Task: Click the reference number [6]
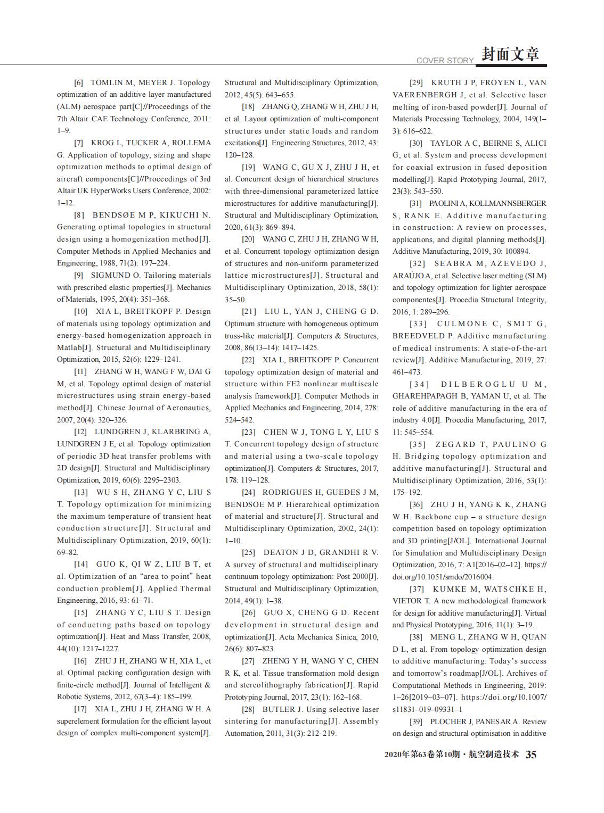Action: click(78, 83)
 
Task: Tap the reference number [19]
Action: click(248, 167)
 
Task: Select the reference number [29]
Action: click(416, 83)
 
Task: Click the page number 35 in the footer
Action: click(531, 754)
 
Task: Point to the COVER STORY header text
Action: click(445, 61)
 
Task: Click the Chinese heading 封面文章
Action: click(510, 54)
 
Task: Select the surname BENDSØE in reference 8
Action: click(112, 215)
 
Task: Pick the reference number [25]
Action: click(248, 552)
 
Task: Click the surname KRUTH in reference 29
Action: click(446, 83)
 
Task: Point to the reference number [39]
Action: click(416, 721)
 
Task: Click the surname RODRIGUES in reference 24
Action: click(291, 492)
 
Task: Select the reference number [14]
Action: click(81, 564)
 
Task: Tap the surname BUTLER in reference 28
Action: click(277, 709)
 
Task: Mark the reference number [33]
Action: click(418, 323)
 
